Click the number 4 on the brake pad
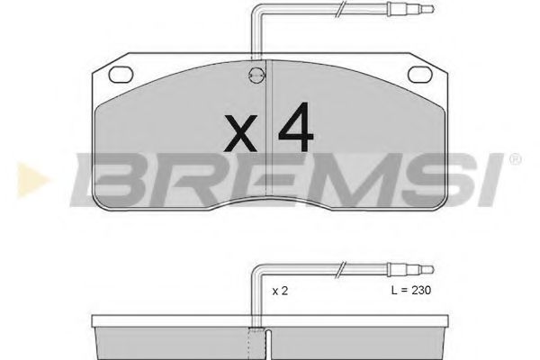click(295, 130)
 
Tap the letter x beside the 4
click(238, 137)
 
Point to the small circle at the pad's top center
click(256, 77)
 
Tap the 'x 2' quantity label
click(281, 292)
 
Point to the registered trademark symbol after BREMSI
click(514, 161)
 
